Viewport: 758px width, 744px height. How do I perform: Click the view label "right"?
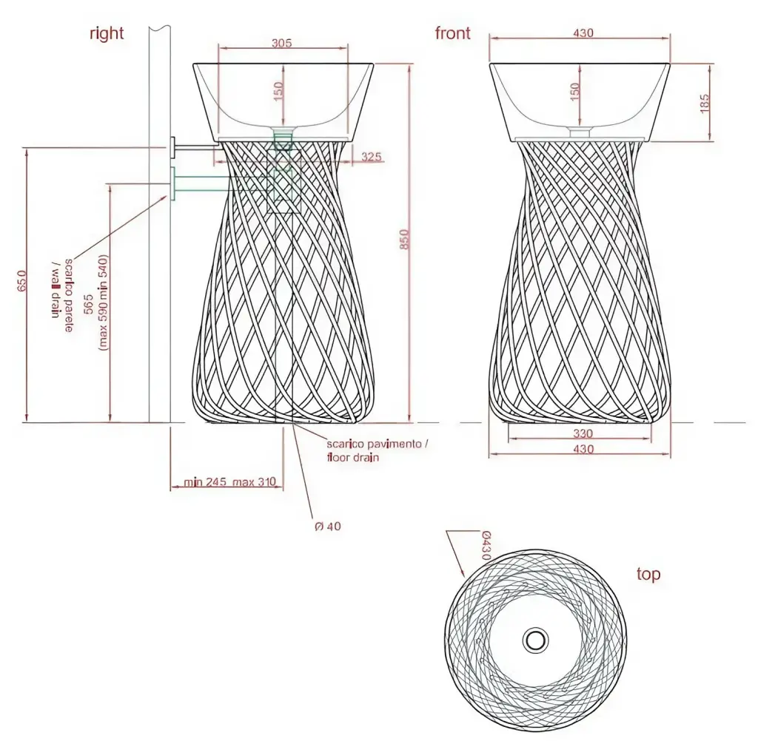[x=107, y=33]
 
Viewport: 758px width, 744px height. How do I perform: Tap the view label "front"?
[x=453, y=33]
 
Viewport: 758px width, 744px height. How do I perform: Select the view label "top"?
[x=648, y=575]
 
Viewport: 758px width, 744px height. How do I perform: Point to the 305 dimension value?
[x=281, y=43]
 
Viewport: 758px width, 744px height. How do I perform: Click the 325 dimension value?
[x=372, y=157]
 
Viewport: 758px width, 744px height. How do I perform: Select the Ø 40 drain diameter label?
[x=328, y=527]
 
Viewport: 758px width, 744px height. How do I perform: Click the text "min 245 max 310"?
[x=230, y=483]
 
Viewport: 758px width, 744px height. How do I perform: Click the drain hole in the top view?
[x=534, y=640]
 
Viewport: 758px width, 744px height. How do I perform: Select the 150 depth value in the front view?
[x=574, y=93]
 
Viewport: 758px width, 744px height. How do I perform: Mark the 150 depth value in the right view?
[x=278, y=92]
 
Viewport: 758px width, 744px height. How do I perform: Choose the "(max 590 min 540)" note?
[x=104, y=302]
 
